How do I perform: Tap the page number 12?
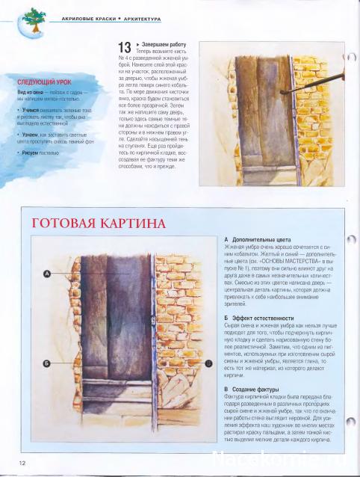click(24, 463)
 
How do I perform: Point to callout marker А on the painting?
click(46, 274)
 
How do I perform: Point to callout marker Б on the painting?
click(46, 363)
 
